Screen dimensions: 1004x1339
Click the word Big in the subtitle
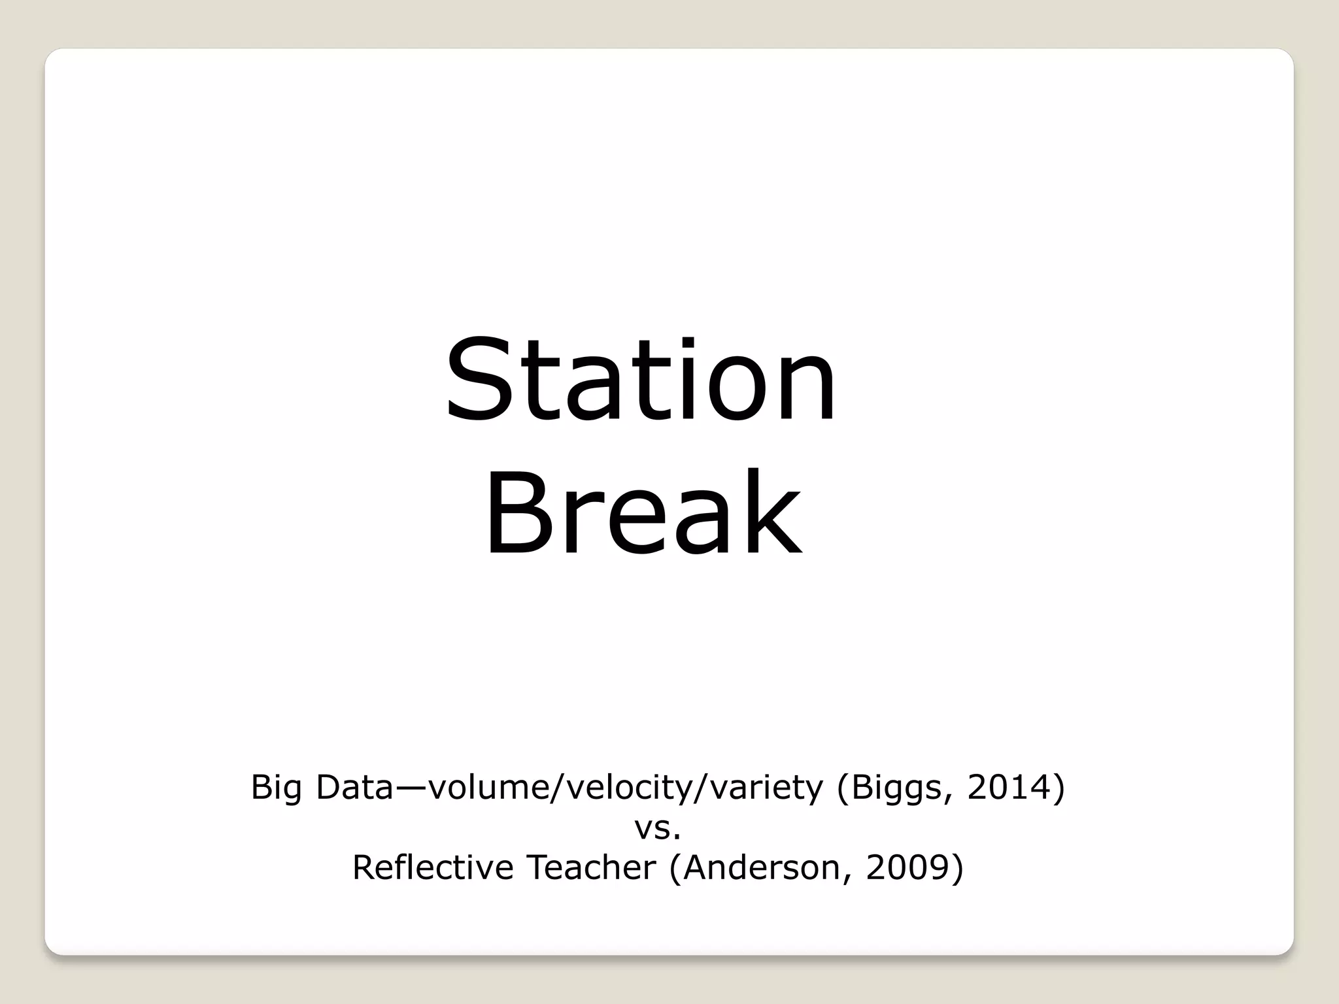pyautogui.click(x=276, y=788)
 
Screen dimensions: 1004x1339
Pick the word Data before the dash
pyautogui.click(x=354, y=787)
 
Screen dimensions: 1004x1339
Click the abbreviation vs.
pyautogui.click(x=658, y=829)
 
